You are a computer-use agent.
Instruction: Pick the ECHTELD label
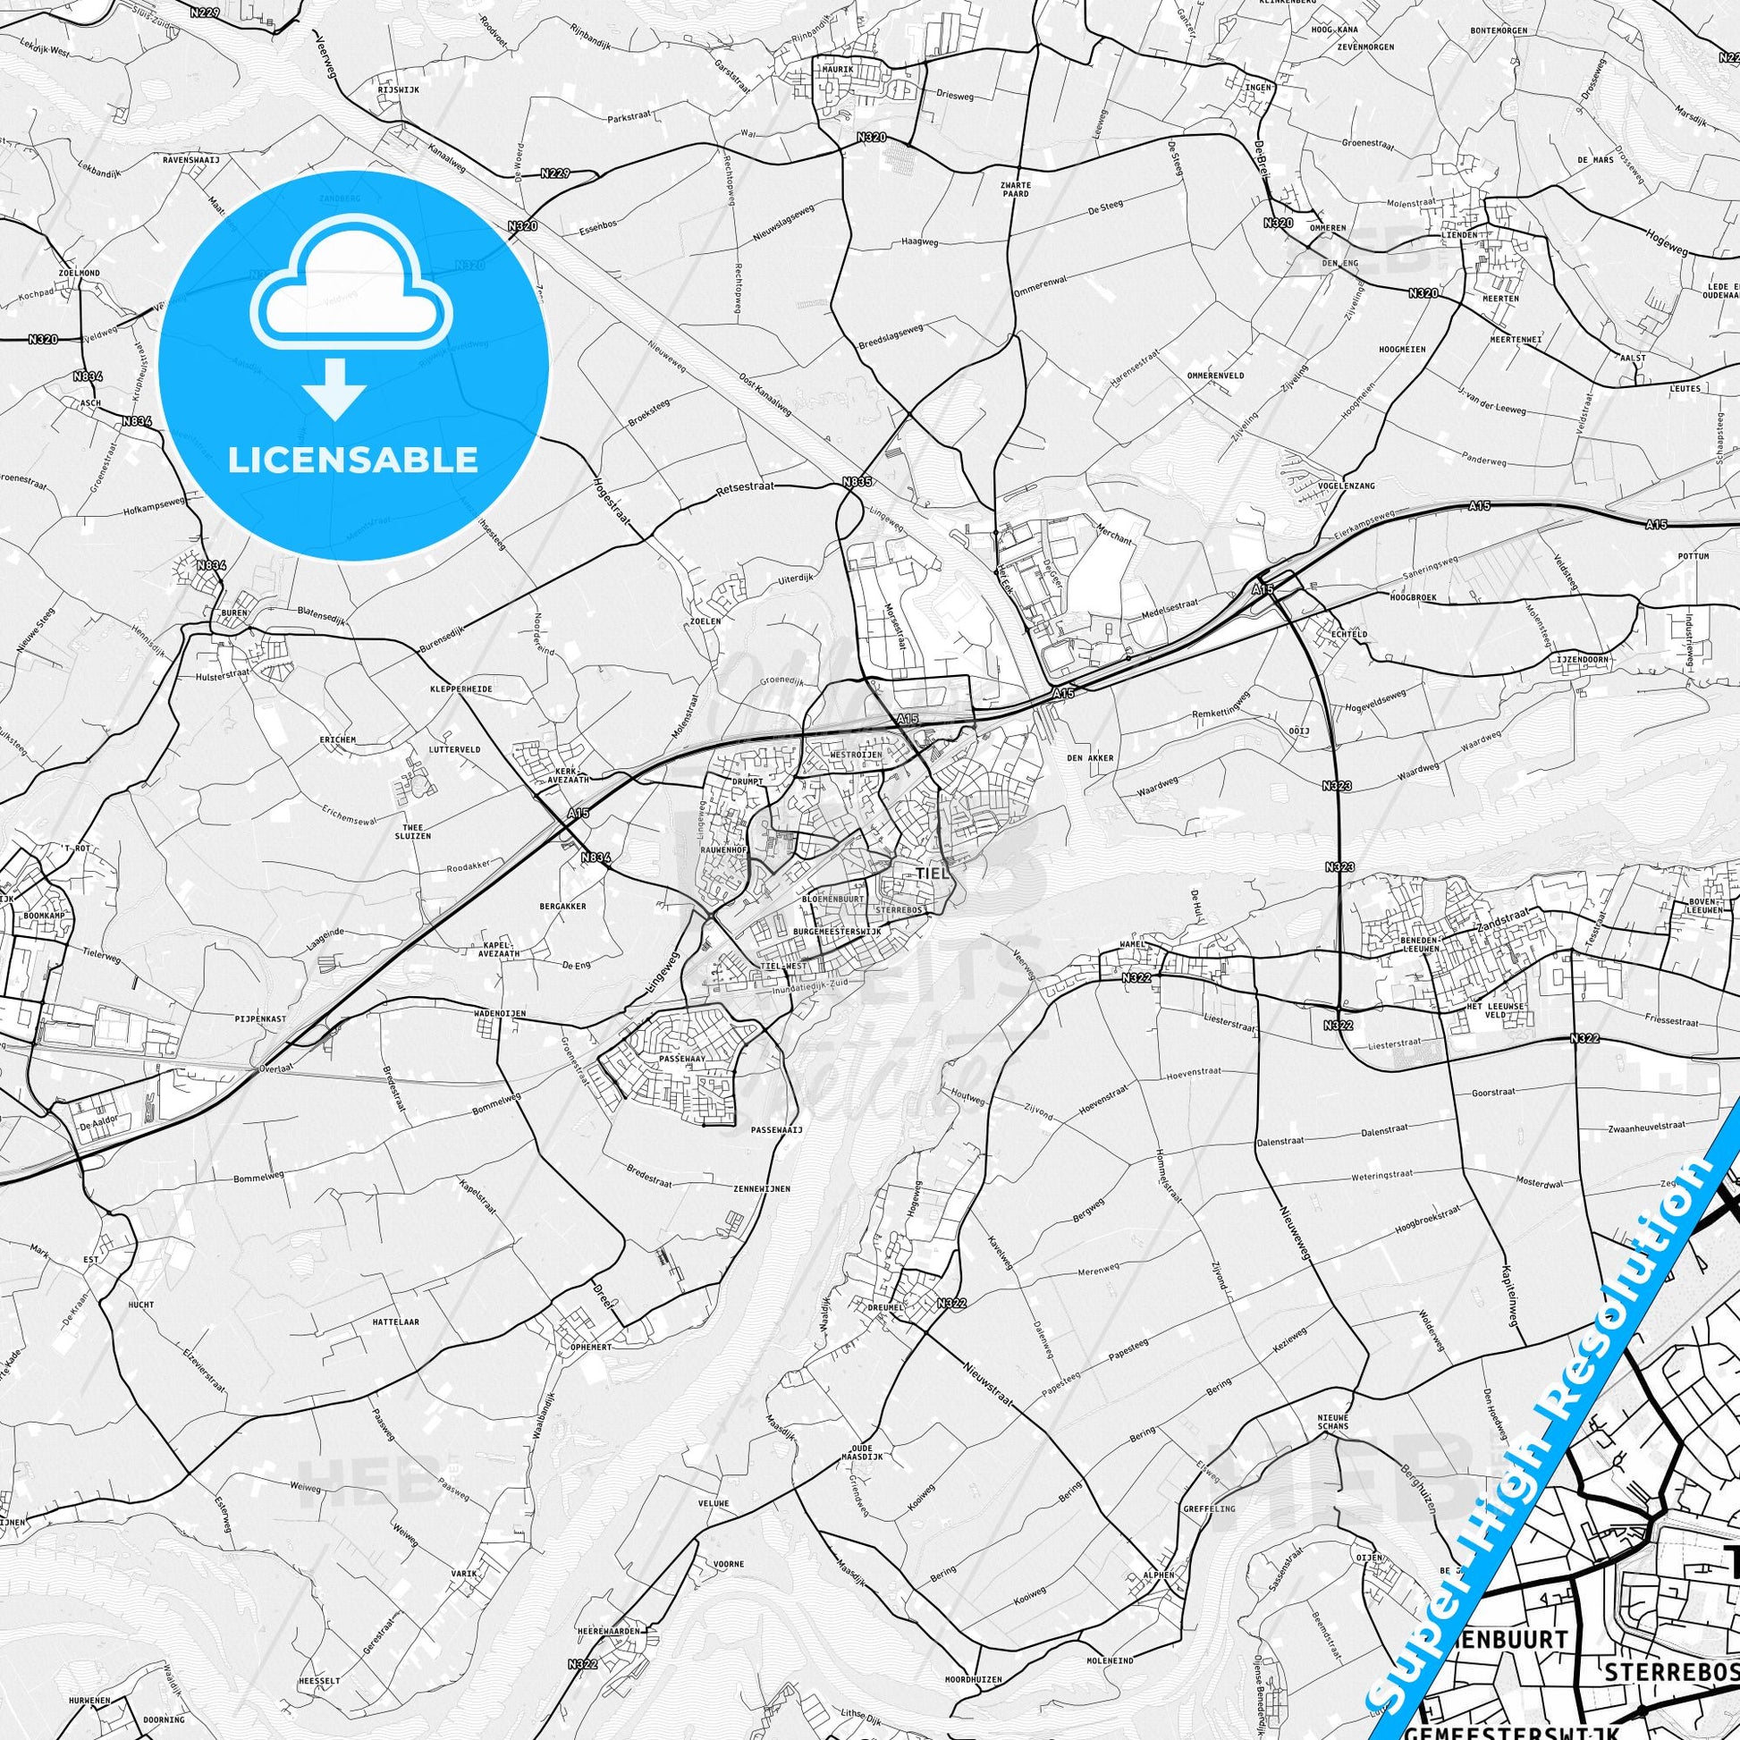pyautogui.click(x=1348, y=634)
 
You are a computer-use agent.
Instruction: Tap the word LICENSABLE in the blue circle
pyautogui.click(x=353, y=460)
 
